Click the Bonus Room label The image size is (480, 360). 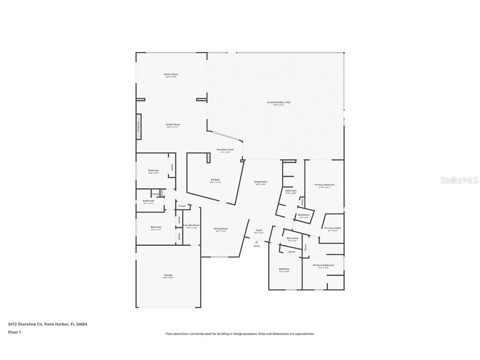tap(171, 74)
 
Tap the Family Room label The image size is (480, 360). tap(173, 125)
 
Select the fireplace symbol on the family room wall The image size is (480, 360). tap(138, 127)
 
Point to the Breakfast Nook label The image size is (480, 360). tap(225, 150)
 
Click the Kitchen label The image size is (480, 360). tap(215, 180)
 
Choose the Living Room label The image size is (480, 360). tap(261, 182)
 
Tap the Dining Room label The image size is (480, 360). tap(221, 228)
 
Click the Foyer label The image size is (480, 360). tap(259, 230)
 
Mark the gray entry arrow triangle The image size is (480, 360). tap(256, 242)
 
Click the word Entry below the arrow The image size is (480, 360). tap(256, 246)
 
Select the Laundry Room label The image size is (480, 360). tap(192, 225)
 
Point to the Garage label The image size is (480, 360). tap(168, 275)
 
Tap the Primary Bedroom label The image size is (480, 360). tap(325, 185)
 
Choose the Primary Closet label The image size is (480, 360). tap(333, 228)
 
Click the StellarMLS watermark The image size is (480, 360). tap(459, 180)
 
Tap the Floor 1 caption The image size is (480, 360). tap(15, 332)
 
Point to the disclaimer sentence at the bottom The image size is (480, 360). tap(240, 334)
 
